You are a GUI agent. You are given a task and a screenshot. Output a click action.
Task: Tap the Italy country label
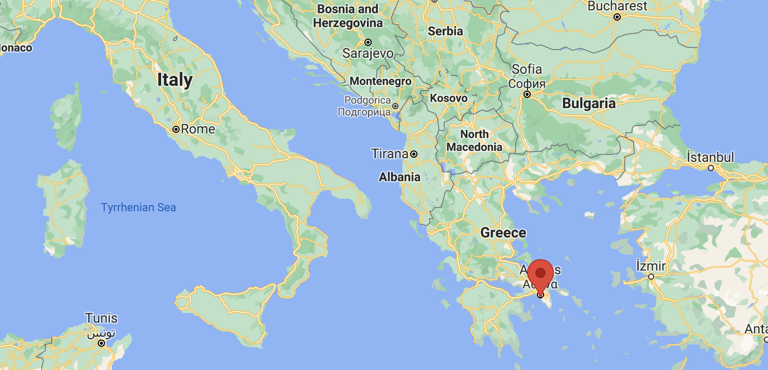[174, 80]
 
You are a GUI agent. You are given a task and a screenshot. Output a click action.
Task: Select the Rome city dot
[176, 129]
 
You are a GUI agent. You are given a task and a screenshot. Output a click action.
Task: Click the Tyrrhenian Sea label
[138, 208]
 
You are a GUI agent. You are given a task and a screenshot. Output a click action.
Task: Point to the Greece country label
[503, 233]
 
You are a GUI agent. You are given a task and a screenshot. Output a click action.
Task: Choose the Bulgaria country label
[588, 104]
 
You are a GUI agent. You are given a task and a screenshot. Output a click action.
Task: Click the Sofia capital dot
[527, 94]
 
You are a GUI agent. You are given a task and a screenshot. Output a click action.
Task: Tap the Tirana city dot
[414, 154]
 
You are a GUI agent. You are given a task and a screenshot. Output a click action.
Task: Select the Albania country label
[399, 177]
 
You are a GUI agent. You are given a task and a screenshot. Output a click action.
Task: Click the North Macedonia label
[474, 141]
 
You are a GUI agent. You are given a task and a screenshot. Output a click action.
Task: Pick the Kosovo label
[448, 98]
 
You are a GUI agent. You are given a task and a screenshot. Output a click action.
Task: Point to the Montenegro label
[380, 81]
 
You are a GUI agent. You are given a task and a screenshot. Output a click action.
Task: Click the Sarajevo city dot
[368, 42]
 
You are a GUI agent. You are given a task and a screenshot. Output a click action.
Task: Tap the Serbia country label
[445, 31]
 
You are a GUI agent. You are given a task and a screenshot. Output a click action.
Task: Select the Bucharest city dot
[617, 17]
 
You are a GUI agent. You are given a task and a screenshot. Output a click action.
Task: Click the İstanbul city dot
[710, 168]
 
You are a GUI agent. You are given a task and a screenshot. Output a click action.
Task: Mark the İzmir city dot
[651, 277]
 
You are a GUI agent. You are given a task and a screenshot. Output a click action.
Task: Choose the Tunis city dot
[101, 343]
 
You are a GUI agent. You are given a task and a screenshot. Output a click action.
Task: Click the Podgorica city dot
[395, 106]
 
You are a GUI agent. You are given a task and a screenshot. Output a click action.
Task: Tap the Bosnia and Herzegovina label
[348, 16]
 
